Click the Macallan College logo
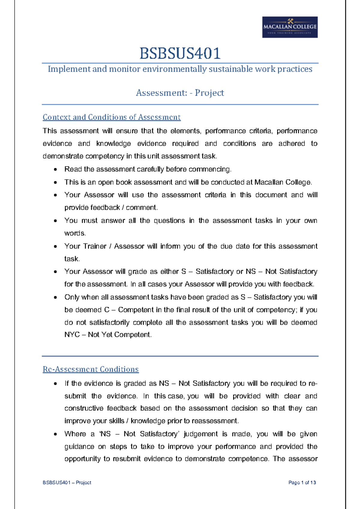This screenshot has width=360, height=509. pyautogui.click(x=290, y=27)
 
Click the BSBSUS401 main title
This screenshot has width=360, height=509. pyautogui.click(x=180, y=53)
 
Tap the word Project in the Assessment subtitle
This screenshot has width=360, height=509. pyautogui.click(x=209, y=93)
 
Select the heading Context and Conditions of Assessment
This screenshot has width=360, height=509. pyautogui.click(x=112, y=117)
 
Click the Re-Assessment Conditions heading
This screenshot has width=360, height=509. pyautogui.click(x=91, y=369)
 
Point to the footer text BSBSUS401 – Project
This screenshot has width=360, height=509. pyautogui.click(x=67, y=483)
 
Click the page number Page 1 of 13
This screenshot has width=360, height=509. pyautogui.click(x=302, y=483)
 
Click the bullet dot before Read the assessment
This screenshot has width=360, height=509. pyautogui.click(x=55, y=170)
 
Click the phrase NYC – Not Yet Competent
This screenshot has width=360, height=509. pyautogui.click(x=108, y=335)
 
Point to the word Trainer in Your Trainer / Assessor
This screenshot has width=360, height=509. pyautogui.click(x=94, y=246)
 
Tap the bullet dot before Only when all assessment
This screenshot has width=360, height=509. pyautogui.click(x=55, y=298)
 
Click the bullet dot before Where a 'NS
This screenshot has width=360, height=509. pyautogui.click(x=55, y=434)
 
